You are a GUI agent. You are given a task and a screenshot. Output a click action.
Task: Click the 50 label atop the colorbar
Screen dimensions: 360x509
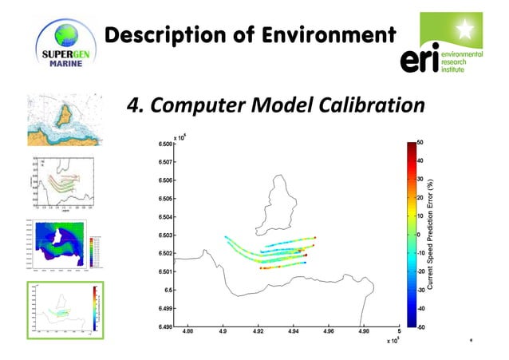pos(420,143)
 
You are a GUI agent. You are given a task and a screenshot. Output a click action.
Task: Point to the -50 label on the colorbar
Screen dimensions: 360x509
pos(420,326)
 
